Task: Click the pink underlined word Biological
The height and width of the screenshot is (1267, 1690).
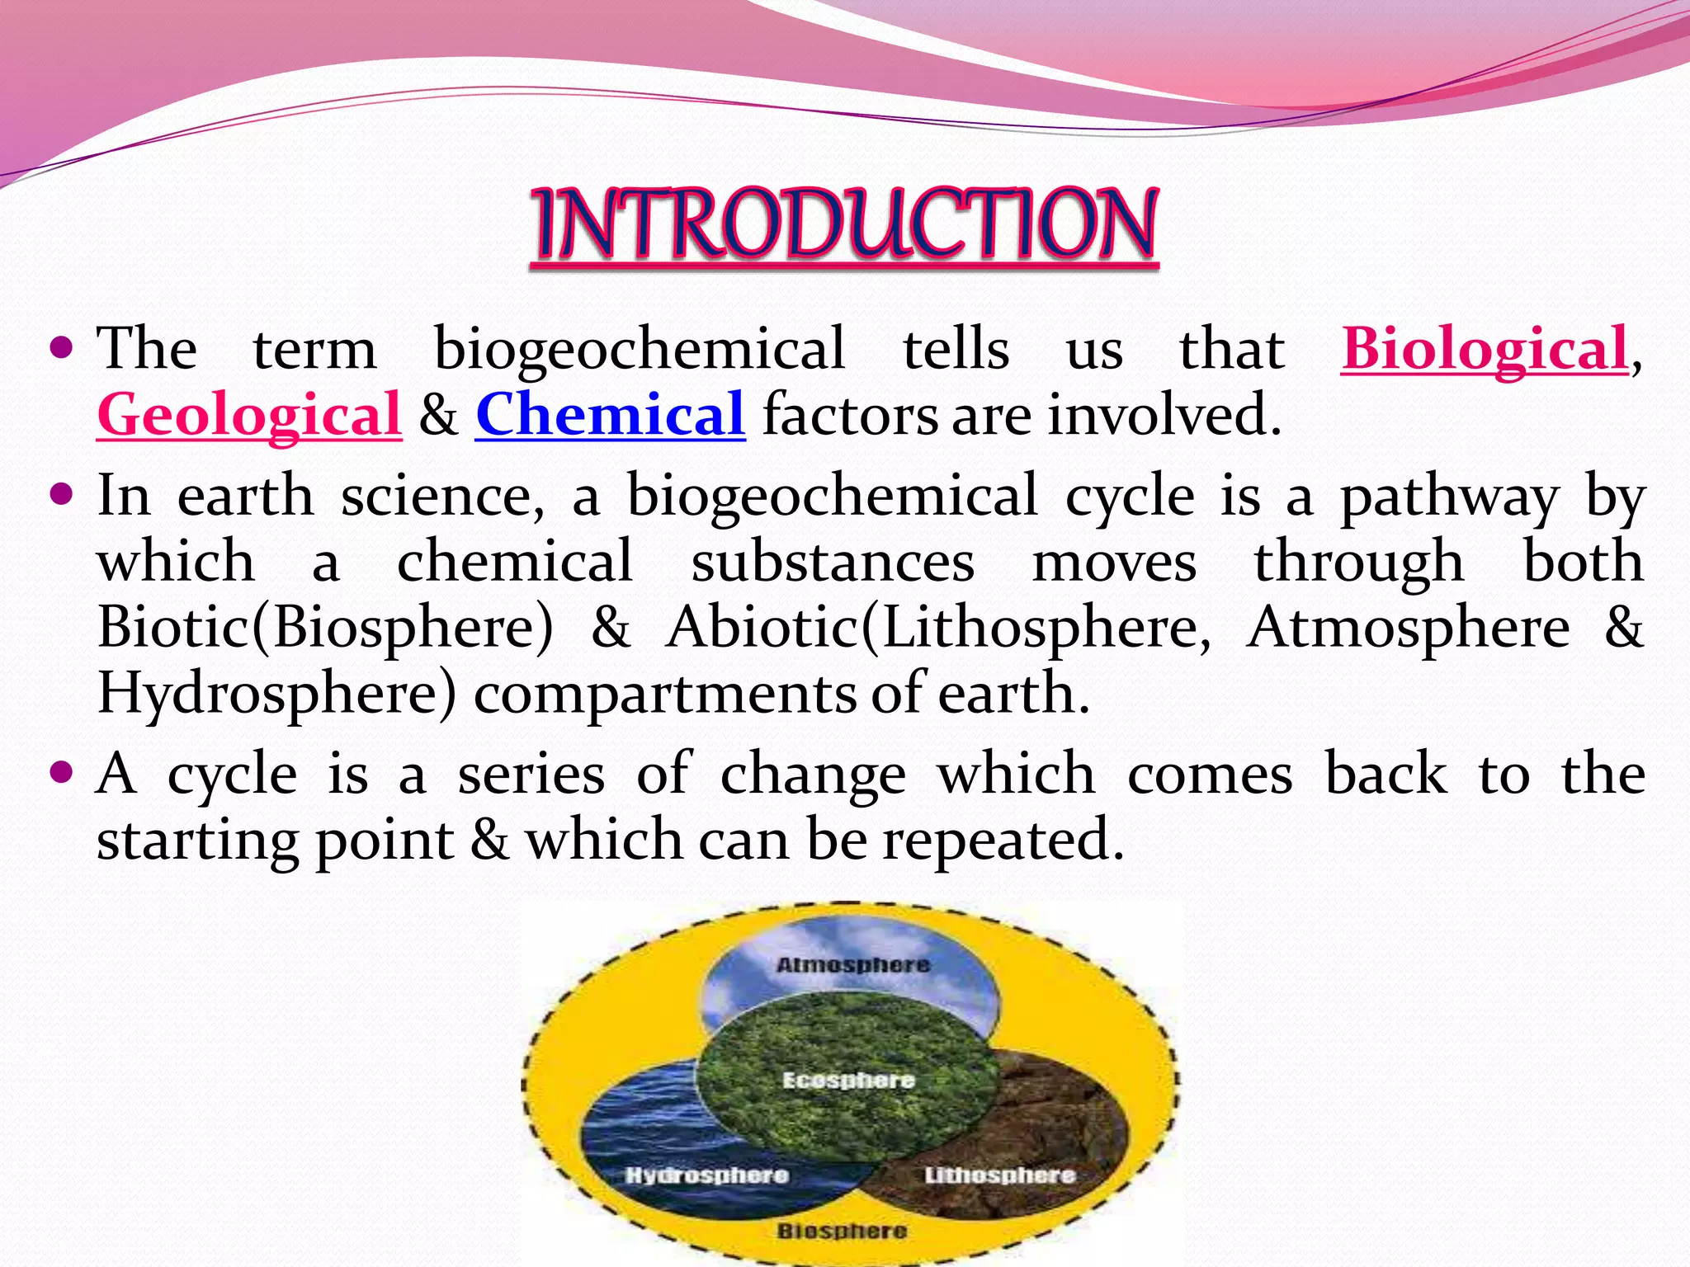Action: (x=1484, y=349)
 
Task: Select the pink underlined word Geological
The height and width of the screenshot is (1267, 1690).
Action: (x=249, y=415)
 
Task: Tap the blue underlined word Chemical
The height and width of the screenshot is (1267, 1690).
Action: (x=610, y=415)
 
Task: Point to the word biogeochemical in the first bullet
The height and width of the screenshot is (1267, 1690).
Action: (x=640, y=349)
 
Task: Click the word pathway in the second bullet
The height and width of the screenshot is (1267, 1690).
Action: (x=1449, y=497)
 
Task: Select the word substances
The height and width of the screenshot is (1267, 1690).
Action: (x=833, y=563)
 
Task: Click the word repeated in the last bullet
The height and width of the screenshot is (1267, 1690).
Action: (x=1003, y=841)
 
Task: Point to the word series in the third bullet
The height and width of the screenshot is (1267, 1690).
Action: (x=531, y=775)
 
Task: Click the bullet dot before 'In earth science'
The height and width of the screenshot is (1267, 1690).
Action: (x=61, y=495)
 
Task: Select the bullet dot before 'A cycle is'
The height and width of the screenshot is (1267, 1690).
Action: (x=61, y=773)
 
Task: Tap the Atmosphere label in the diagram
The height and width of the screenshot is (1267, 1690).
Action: (x=853, y=965)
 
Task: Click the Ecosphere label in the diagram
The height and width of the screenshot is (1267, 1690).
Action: (x=848, y=1081)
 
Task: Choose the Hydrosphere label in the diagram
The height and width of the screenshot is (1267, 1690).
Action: (x=706, y=1175)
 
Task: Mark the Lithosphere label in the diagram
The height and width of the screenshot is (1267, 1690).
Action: (x=999, y=1175)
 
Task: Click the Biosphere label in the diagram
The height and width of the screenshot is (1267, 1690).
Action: (x=842, y=1232)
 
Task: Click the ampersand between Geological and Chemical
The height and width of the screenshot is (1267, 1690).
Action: (x=438, y=415)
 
